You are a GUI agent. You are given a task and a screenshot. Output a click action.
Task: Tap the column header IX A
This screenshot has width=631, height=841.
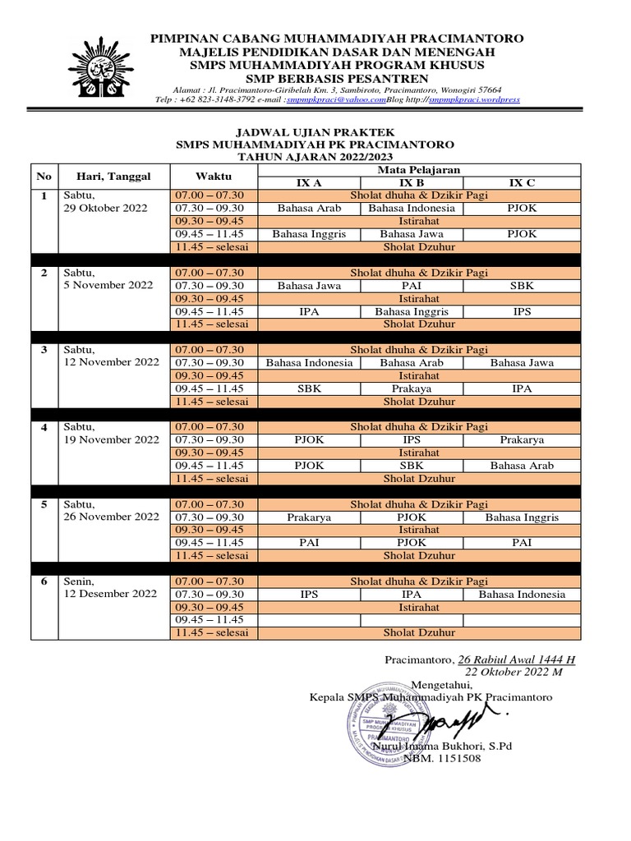click(310, 182)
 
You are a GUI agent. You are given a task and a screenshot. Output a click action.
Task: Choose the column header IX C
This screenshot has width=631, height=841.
click(523, 182)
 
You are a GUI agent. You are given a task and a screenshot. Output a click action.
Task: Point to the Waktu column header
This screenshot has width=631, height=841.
click(214, 176)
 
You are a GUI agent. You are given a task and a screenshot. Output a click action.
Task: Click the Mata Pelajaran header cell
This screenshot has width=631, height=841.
click(417, 169)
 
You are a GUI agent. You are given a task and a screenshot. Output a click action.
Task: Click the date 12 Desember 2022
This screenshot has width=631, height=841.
click(107, 594)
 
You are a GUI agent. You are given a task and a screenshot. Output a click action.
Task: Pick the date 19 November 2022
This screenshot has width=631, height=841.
click(111, 440)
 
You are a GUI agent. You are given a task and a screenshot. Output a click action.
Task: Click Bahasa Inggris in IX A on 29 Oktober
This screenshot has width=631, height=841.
click(310, 234)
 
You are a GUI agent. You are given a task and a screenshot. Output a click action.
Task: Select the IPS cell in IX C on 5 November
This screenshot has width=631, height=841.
click(523, 311)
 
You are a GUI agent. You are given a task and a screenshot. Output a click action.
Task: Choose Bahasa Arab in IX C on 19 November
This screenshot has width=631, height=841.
click(523, 466)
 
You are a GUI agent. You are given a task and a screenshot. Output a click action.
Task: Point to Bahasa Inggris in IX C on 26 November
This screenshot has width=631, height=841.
click(523, 517)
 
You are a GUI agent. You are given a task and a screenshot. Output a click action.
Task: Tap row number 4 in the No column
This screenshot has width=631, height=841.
click(44, 427)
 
